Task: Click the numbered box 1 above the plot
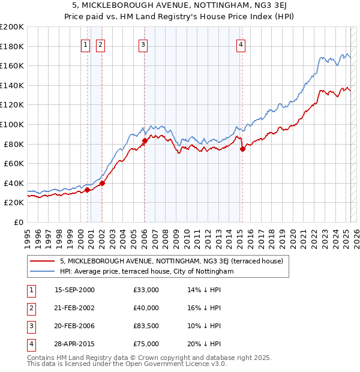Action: coord(85,44)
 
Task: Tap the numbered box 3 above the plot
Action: coord(143,44)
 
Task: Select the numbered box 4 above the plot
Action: coord(241,44)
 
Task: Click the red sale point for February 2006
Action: coord(145,141)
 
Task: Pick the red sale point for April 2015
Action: coord(242,149)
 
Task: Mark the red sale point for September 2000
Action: coord(88,190)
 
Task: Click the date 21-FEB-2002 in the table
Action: coord(74,308)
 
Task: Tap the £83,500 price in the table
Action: coord(146,326)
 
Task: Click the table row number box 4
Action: coord(31,344)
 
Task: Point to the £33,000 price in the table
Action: coord(146,290)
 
